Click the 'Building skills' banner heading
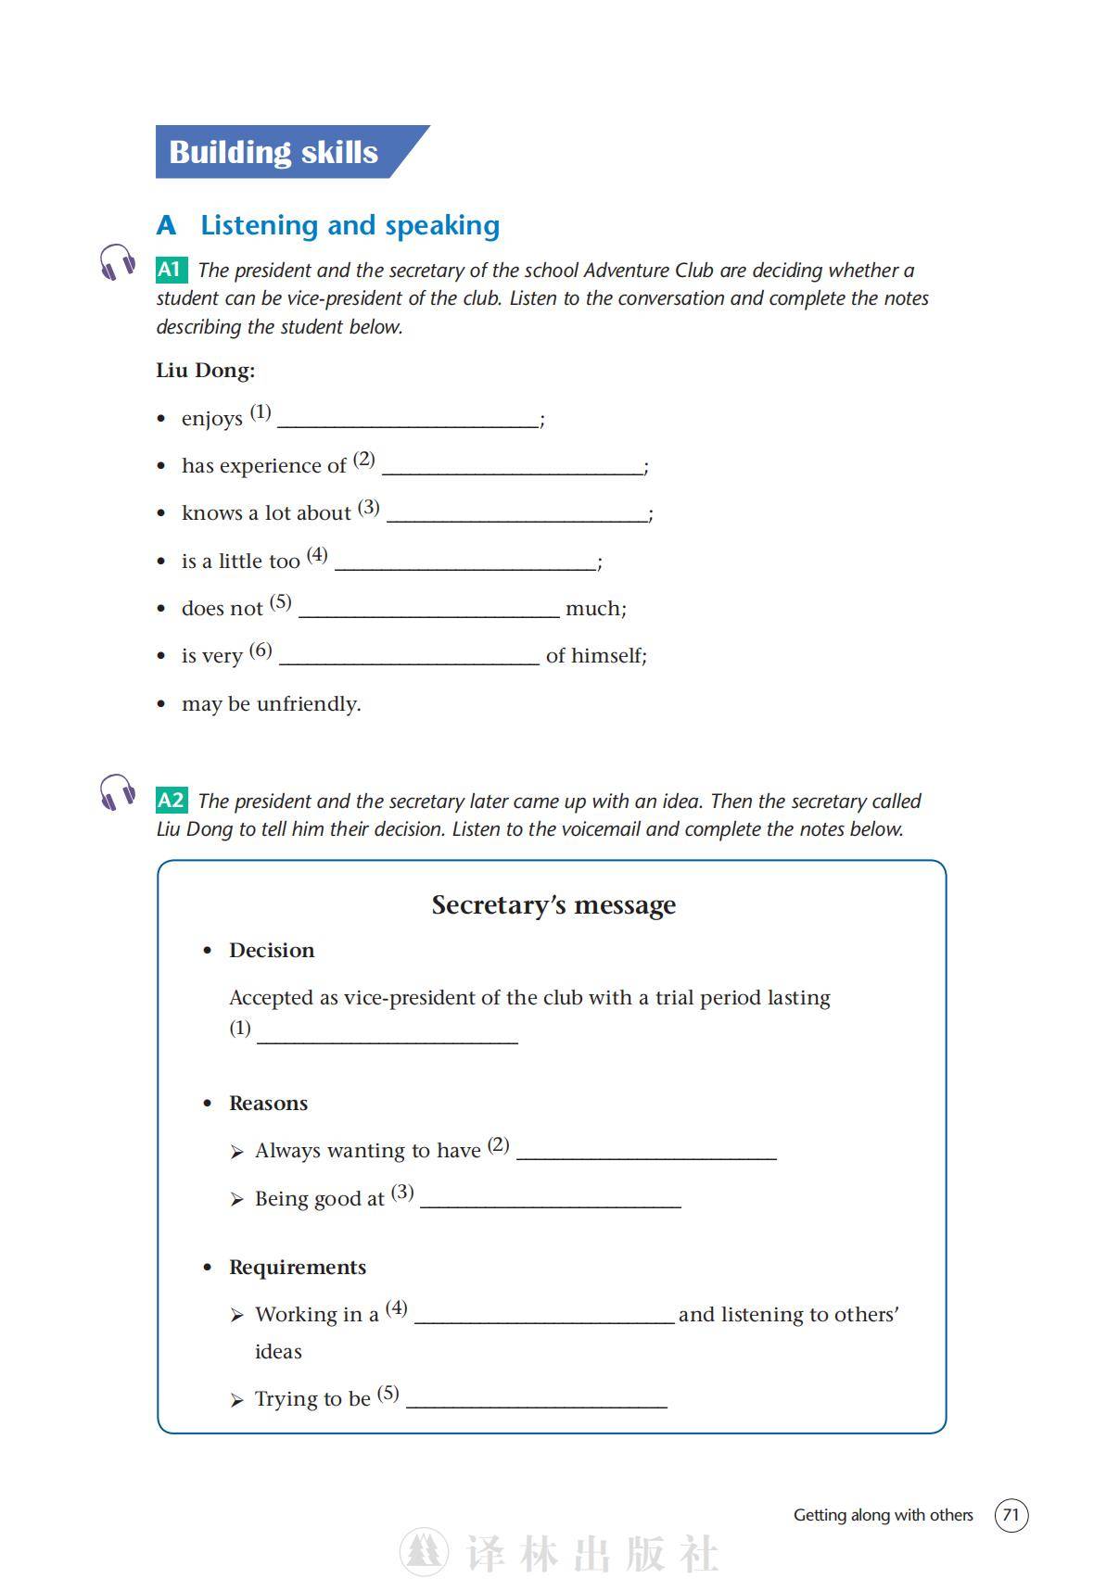(273, 152)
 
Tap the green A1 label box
(171, 270)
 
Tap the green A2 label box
(172, 801)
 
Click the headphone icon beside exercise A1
(118, 263)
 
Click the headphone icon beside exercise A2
(118, 794)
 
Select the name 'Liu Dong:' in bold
(205, 371)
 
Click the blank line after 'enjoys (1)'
(408, 422)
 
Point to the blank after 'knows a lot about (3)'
(517, 516)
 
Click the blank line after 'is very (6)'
(409, 659)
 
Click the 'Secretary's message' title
(553, 905)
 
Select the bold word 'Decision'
(272, 951)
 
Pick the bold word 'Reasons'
(268, 1104)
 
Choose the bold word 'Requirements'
(298, 1268)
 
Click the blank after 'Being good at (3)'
(551, 1202)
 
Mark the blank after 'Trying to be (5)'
(537, 1402)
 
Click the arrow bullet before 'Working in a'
(237, 1316)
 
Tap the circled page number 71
(1011, 1515)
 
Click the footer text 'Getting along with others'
(883, 1515)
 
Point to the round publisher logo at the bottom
(424, 1553)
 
